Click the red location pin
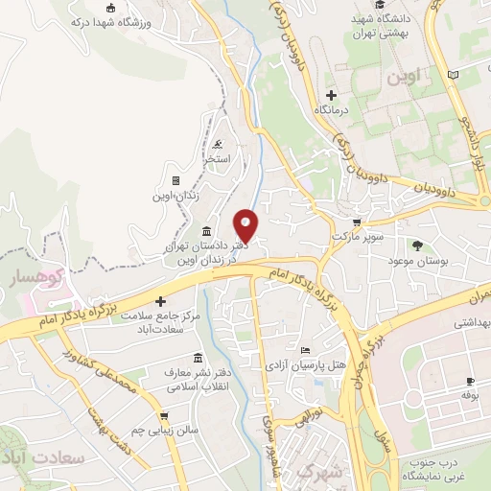[246, 224]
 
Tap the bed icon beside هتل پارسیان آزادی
[305, 350]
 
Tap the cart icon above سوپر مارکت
[365, 221]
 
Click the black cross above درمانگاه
[332, 95]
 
